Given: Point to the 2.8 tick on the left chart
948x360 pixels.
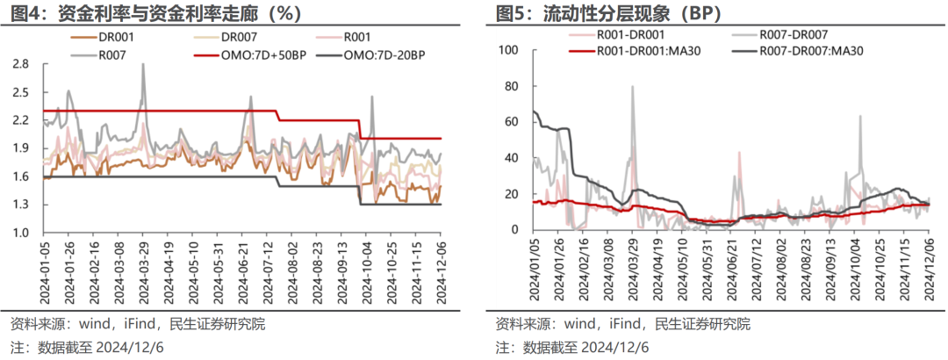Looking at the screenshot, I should click(20, 64).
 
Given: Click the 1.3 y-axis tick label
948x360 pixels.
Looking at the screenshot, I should click(20, 205).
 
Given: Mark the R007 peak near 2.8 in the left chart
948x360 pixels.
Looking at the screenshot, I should click(142, 64).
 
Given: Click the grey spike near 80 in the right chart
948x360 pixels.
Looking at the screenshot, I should click(632, 87).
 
